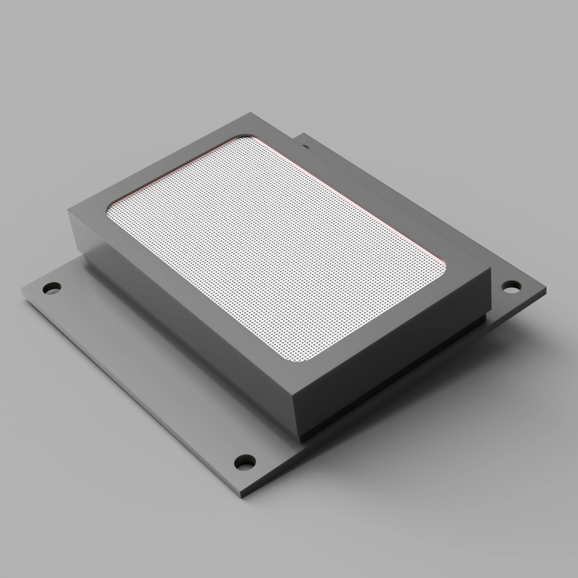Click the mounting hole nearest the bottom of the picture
(245, 463)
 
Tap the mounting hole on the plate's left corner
(52, 288)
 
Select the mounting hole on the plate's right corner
(511, 287)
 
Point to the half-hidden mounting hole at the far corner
(305, 147)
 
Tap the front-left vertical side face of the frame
(180, 314)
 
